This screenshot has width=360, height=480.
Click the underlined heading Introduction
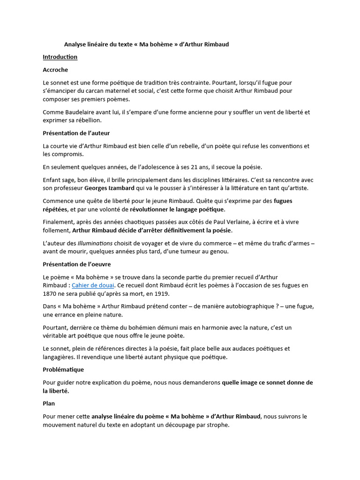point(60,57)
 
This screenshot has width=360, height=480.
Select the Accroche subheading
point(55,70)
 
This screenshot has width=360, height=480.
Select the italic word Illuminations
point(95,243)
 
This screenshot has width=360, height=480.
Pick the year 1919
point(160,293)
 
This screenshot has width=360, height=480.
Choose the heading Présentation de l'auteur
point(76,133)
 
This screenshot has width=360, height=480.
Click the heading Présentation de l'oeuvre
point(76,264)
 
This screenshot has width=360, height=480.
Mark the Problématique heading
point(63,369)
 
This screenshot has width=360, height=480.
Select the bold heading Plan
point(49,403)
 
